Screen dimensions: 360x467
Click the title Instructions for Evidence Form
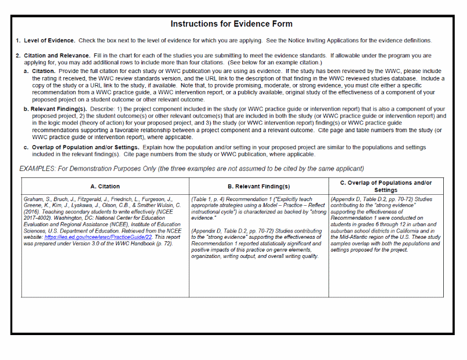click(x=231, y=24)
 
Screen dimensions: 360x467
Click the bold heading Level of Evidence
click(x=49, y=41)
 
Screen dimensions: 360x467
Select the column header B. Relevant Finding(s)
click(x=258, y=187)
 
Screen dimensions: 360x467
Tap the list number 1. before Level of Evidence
click(x=18, y=41)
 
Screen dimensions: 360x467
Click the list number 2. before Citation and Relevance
click(x=18, y=56)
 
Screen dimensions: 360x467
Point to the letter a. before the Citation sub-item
click(x=27, y=71)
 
